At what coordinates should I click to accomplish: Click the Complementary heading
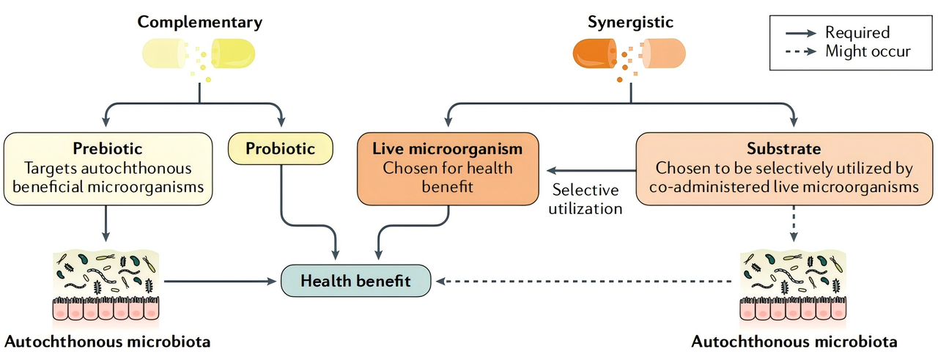(200, 22)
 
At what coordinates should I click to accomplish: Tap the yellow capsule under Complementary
(200, 55)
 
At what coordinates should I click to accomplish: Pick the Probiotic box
(281, 149)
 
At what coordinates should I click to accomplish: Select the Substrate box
(783, 168)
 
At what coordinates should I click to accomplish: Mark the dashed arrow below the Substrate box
(794, 224)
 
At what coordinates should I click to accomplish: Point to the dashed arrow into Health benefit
(586, 281)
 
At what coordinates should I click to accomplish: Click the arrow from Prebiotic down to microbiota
(106, 224)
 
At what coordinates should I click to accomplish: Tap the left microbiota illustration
(106, 286)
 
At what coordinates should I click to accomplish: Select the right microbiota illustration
(794, 286)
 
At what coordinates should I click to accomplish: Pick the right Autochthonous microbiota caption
(794, 342)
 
